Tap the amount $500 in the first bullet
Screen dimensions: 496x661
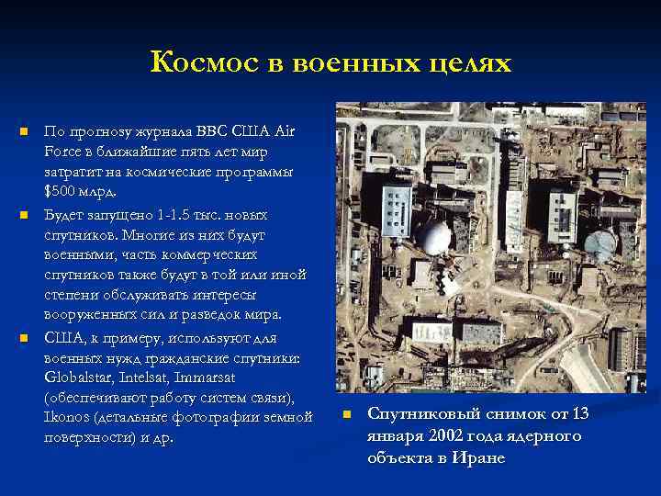point(62,192)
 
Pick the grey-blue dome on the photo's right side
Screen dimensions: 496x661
point(600,243)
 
